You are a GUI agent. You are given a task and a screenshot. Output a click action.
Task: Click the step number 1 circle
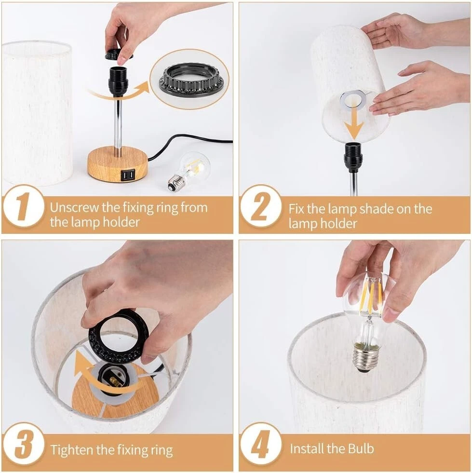click(x=24, y=207)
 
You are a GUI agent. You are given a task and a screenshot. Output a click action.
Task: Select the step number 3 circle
click(x=24, y=444)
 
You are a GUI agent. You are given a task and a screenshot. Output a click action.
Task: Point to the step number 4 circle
click(x=261, y=444)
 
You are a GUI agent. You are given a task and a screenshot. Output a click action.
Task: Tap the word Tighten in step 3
click(x=72, y=450)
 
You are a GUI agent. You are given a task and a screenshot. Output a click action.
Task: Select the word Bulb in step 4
click(x=361, y=448)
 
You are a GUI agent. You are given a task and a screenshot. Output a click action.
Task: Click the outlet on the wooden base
click(x=127, y=175)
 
